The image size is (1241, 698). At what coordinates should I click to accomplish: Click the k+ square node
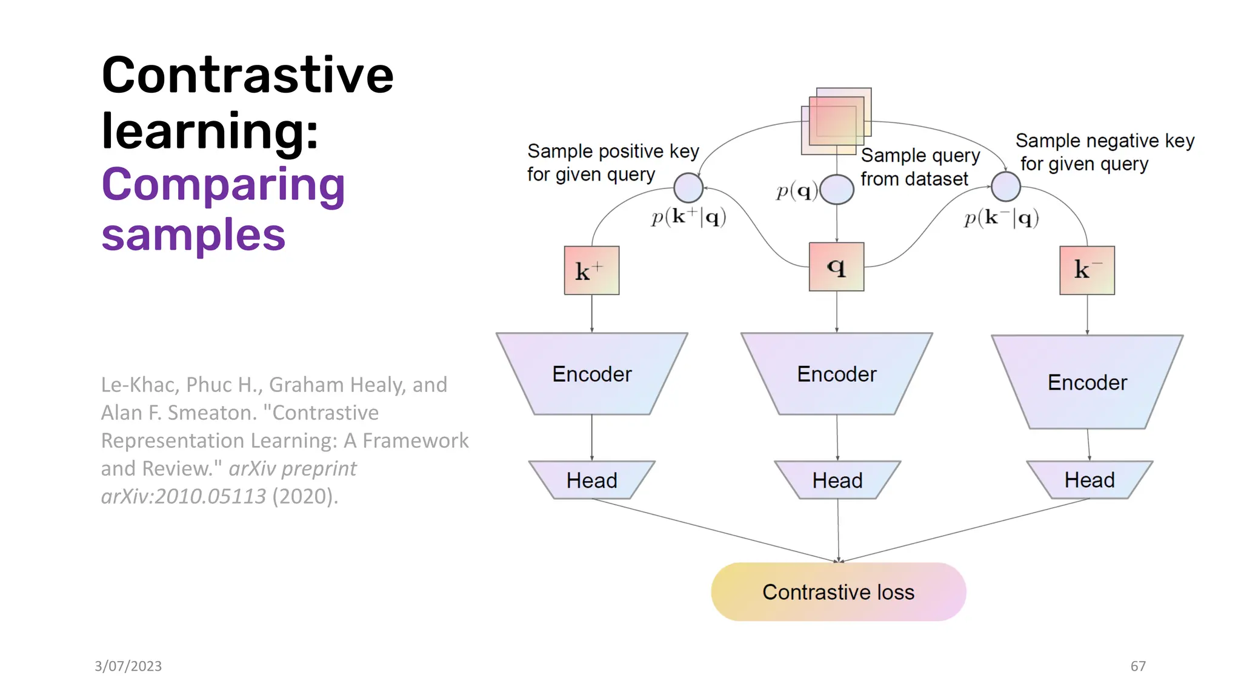(591, 270)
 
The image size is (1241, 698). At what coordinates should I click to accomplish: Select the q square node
(836, 267)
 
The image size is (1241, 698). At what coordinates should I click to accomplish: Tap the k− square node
(1086, 270)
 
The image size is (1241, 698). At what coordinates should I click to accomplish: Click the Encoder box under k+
(591, 374)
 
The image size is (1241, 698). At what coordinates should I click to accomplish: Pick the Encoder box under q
(836, 374)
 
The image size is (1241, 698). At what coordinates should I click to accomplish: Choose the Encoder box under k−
(1087, 382)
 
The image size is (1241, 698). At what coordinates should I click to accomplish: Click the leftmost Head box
(591, 480)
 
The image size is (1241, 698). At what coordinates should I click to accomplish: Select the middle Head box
(837, 480)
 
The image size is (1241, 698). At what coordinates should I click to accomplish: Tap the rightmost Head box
(1089, 480)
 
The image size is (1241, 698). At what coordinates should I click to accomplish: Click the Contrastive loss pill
(838, 592)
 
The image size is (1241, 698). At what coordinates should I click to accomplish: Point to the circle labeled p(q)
(837, 190)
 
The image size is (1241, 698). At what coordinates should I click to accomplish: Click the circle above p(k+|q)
(688, 187)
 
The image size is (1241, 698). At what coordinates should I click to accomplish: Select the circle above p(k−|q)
(1006, 186)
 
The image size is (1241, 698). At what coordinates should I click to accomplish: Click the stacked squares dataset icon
(836, 121)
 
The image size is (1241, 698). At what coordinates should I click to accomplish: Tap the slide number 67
(1137, 666)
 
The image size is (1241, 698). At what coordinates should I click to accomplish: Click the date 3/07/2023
(128, 666)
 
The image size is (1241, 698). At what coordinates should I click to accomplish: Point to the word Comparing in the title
(223, 185)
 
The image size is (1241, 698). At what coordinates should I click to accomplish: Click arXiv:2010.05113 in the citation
(183, 496)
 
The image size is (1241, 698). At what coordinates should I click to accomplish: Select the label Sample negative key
(1104, 141)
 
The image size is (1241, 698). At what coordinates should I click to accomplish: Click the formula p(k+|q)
(688, 217)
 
